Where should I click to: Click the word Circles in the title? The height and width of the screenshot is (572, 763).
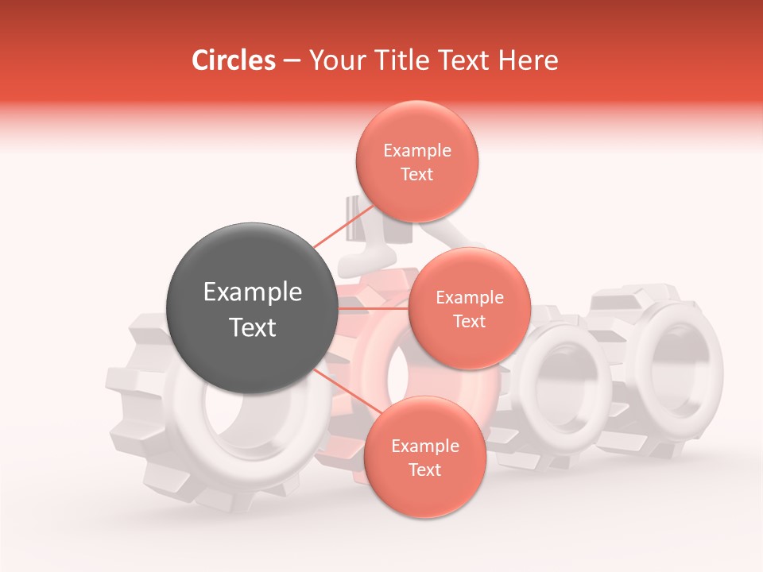233,60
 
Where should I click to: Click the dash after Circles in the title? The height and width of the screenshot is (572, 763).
291,61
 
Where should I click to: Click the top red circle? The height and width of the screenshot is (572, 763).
416,162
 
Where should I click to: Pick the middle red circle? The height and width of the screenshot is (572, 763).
469,309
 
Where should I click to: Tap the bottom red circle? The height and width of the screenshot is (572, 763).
424,458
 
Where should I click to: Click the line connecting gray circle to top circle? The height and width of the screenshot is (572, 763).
334,233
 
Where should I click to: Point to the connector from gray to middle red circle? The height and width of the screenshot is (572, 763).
374,307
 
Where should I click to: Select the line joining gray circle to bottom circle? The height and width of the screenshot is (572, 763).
342,389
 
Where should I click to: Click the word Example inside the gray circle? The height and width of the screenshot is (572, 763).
253,292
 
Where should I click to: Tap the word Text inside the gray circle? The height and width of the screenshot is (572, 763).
253,327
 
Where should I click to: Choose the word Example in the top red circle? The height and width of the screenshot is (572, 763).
417,151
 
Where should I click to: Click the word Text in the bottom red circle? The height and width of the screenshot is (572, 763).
424,470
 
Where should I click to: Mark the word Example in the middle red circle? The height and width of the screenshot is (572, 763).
470,298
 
